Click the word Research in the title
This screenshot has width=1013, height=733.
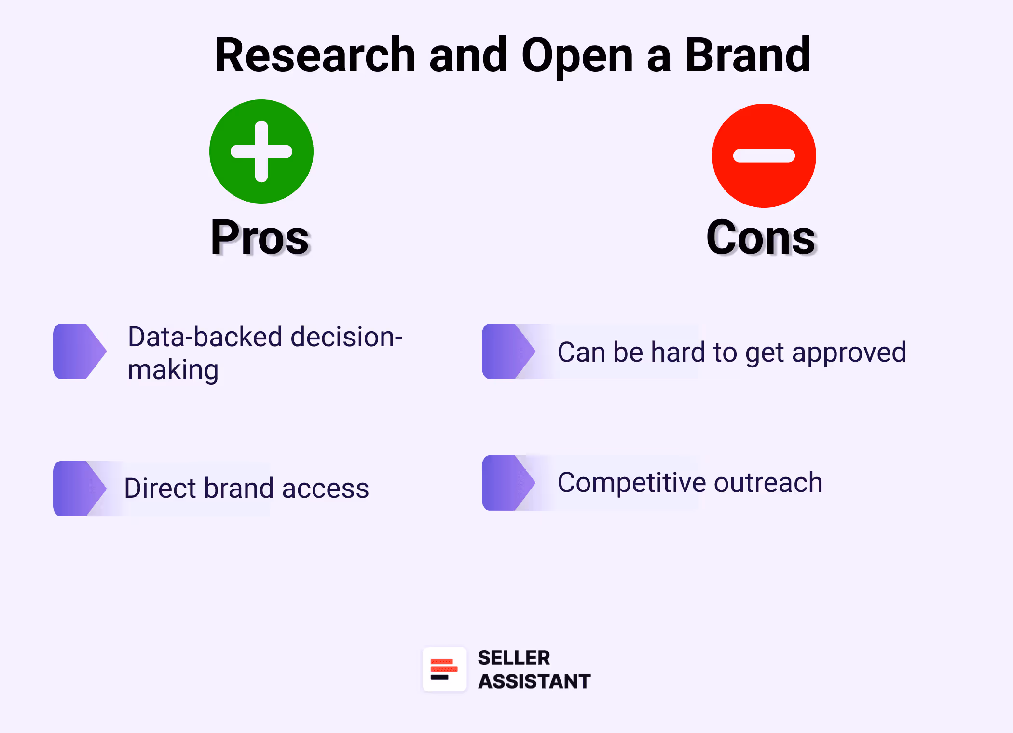pyautogui.click(x=315, y=55)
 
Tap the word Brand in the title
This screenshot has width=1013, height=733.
pyautogui.click(x=747, y=55)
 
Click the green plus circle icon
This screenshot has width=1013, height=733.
pyautogui.click(x=261, y=151)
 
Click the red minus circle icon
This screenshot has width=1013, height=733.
pyautogui.click(x=764, y=156)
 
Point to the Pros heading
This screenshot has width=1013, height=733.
pyautogui.click(x=260, y=237)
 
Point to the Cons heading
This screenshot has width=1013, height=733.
pyautogui.click(x=761, y=237)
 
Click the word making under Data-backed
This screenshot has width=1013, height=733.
pyautogui.click(x=173, y=370)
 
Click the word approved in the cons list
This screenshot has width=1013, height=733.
pyautogui.click(x=849, y=353)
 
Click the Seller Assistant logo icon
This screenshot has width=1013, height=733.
pyautogui.click(x=444, y=669)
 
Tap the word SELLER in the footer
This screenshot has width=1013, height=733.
pyautogui.click(x=514, y=658)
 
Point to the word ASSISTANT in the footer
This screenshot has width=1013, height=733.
pyautogui.click(x=534, y=681)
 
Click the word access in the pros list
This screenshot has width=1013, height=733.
pyautogui.click(x=325, y=489)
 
